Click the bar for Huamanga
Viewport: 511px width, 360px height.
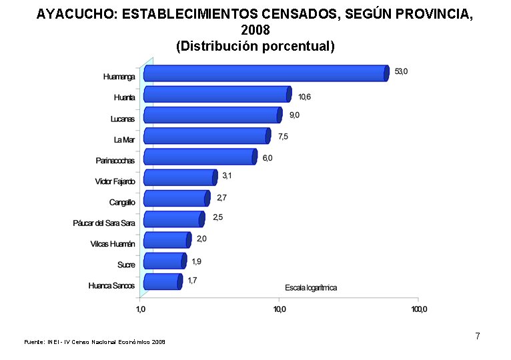[x=266, y=73]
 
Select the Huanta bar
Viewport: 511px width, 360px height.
[x=217, y=95]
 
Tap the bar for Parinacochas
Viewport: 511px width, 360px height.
[x=199, y=157]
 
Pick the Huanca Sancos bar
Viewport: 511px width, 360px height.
[x=162, y=281]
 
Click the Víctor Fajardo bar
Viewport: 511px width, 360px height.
[x=180, y=177]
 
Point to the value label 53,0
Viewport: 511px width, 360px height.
[x=401, y=71]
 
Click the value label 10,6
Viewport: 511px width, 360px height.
[x=304, y=97]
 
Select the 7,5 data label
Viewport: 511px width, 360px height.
[x=284, y=137]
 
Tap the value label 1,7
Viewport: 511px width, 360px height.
[x=192, y=281]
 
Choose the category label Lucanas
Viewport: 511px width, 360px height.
[x=123, y=119]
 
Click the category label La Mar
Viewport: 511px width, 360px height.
[x=124, y=139]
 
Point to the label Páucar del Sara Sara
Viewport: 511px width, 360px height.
[x=104, y=223]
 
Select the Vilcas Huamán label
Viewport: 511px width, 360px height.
[x=113, y=244]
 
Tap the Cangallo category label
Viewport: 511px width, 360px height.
[x=122, y=202]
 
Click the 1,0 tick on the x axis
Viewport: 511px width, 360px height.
[x=141, y=309]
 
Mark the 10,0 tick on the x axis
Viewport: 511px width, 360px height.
[x=280, y=309]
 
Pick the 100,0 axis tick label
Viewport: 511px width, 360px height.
[x=419, y=309]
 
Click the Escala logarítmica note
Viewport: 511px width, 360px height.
[x=311, y=287]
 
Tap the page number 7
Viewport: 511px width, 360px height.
[x=478, y=336]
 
